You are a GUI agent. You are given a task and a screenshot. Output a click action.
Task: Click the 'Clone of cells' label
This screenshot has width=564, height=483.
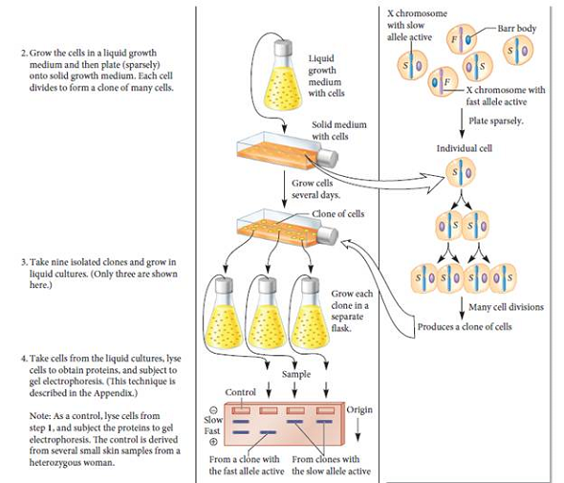tap(336, 213)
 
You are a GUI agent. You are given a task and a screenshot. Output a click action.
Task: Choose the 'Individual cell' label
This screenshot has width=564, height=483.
tap(464, 149)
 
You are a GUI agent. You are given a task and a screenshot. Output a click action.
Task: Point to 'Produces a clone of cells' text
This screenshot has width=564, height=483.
tap(465, 326)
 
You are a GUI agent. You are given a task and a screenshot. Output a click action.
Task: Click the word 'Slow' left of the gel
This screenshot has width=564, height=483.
tap(213, 420)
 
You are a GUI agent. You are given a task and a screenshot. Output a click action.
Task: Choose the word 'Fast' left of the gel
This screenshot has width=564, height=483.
tap(213, 431)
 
